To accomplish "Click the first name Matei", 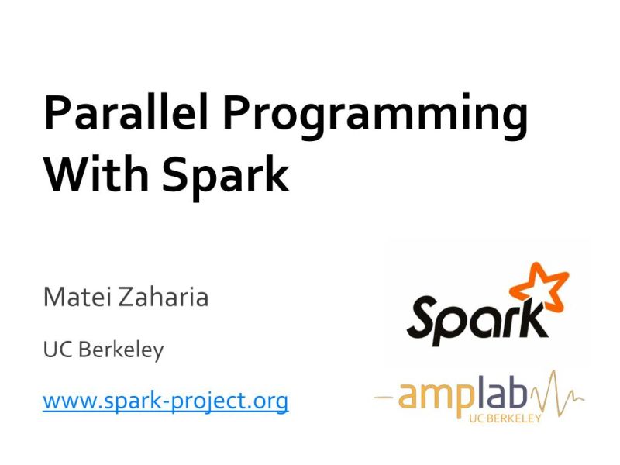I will pyautogui.click(x=77, y=296).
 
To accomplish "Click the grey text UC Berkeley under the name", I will pyautogui.click(x=103, y=350).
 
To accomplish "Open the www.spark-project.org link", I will pyautogui.click(x=165, y=401).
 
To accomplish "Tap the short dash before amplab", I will pyautogui.click(x=383, y=398).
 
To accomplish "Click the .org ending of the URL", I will pyautogui.click(x=268, y=401).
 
